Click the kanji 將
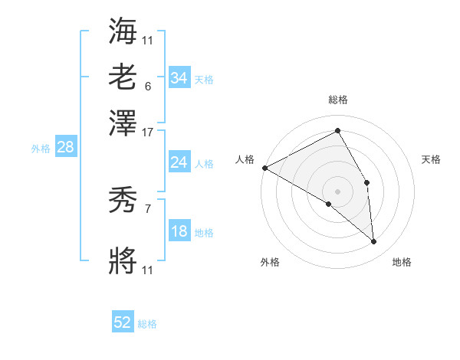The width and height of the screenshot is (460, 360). point(123,260)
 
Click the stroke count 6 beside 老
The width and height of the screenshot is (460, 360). point(147,87)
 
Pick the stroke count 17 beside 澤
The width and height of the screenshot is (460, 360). point(147,132)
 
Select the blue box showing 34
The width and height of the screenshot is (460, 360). point(179,78)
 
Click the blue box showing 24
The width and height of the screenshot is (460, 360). point(179,162)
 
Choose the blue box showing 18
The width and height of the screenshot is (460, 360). point(179,232)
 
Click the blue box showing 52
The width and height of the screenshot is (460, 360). point(123,322)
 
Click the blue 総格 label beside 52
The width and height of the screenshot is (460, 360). point(147,324)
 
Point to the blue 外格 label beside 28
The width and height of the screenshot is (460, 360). point(41,149)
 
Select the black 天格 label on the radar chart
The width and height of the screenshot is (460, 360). point(431,159)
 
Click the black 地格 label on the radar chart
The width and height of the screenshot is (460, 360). point(402,262)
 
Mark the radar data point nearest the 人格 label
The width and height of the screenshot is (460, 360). point(264,168)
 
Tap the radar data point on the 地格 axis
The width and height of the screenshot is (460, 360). point(374,242)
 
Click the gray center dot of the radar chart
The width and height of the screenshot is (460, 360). point(338,191)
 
